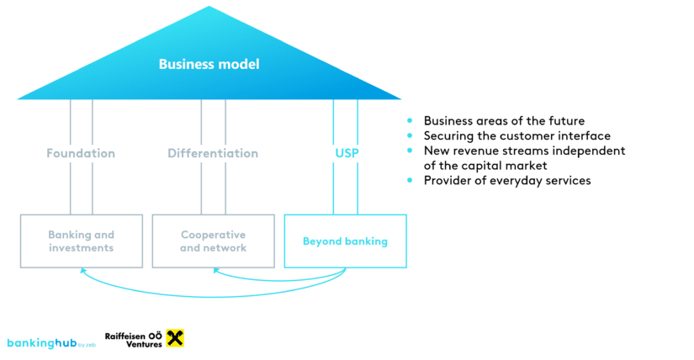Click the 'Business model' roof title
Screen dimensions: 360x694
point(209,64)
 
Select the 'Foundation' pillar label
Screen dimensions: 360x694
point(81,154)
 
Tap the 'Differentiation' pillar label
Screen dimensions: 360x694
point(213,154)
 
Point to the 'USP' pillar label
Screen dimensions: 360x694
point(347,154)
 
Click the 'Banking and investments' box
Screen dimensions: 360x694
point(81,241)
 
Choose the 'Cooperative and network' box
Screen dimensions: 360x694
point(213,241)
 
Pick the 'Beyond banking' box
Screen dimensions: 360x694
point(345,241)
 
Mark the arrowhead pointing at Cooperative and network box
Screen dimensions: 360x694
point(215,271)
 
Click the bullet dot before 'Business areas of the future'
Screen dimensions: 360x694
point(410,121)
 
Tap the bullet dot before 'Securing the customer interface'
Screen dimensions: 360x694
point(410,136)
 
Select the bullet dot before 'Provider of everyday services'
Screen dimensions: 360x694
point(410,181)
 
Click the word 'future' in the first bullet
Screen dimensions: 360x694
point(567,121)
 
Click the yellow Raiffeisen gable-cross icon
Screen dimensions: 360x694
point(176,339)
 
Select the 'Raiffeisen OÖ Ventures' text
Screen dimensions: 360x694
point(134,339)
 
